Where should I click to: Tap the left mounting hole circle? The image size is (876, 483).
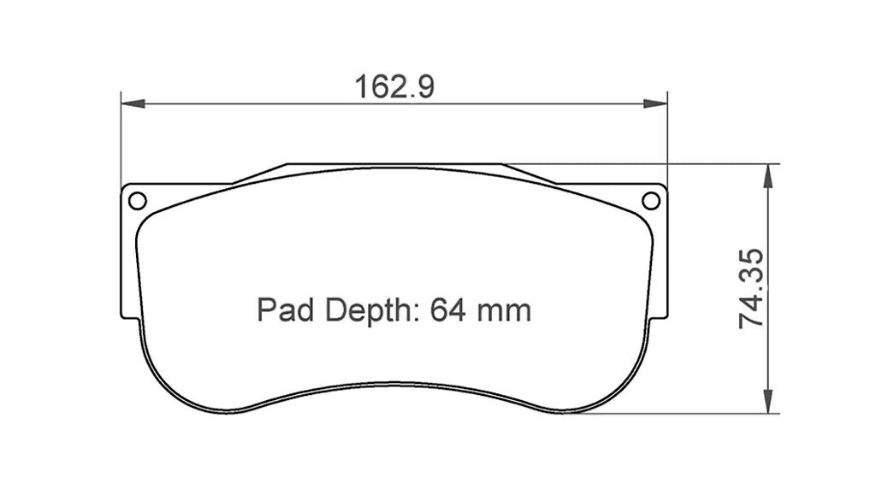[x=137, y=201]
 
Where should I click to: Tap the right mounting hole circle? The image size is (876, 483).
[x=651, y=201]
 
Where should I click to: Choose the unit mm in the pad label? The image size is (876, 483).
[x=505, y=309]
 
